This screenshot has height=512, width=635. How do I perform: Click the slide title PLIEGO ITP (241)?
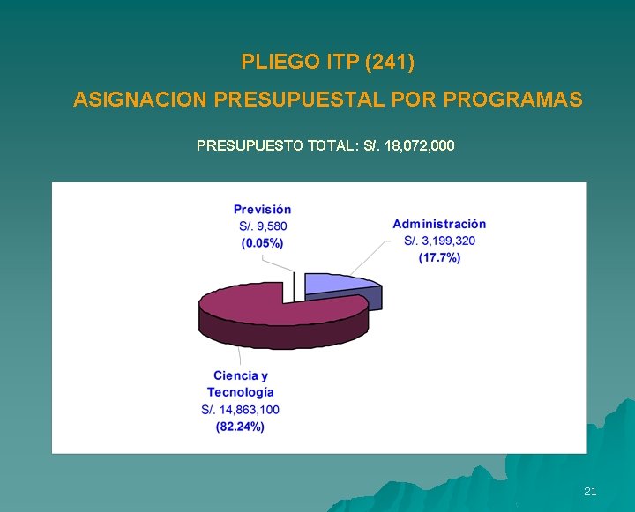click(327, 63)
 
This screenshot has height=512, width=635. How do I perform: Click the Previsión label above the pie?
click(262, 210)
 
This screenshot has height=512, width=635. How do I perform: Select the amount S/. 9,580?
click(263, 226)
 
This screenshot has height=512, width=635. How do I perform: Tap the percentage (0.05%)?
click(263, 242)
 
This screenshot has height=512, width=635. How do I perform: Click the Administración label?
click(439, 224)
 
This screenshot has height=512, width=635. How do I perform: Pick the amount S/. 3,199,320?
click(439, 241)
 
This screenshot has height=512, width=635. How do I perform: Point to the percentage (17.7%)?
click(439, 257)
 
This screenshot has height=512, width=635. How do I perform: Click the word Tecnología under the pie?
click(241, 392)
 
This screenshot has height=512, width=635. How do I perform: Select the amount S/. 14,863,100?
click(241, 410)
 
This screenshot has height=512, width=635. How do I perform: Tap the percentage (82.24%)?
click(241, 427)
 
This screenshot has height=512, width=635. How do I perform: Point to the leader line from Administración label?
click(370, 259)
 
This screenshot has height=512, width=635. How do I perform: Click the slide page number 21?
click(590, 491)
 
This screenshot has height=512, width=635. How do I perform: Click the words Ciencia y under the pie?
click(241, 376)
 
